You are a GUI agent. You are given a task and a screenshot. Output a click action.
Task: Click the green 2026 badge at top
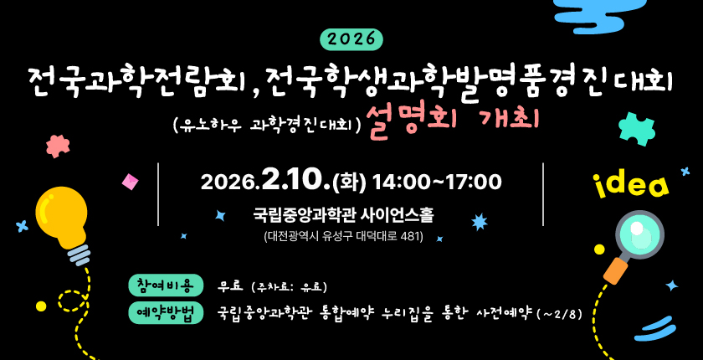pyautogui.click(x=351, y=39)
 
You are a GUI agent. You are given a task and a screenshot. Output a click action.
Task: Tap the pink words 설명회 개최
pyautogui.click(x=453, y=122)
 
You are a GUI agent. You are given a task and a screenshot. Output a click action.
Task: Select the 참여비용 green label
pyautogui.click(x=166, y=285)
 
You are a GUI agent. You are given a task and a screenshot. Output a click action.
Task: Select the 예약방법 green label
pyautogui.click(x=166, y=312)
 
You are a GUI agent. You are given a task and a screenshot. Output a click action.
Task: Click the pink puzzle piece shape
pyautogui.click(x=58, y=146)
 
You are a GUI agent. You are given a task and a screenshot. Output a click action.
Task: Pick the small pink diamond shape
pyautogui.click(x=130, y=182)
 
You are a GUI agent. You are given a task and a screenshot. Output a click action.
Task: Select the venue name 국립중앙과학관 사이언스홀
pyautogui.click(x=343, y=214)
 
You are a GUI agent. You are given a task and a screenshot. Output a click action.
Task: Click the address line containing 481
pyautogui.click(x=343, y=236)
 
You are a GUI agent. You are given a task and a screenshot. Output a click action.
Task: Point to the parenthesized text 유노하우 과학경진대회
pyautogui.click(x=266, y=126)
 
